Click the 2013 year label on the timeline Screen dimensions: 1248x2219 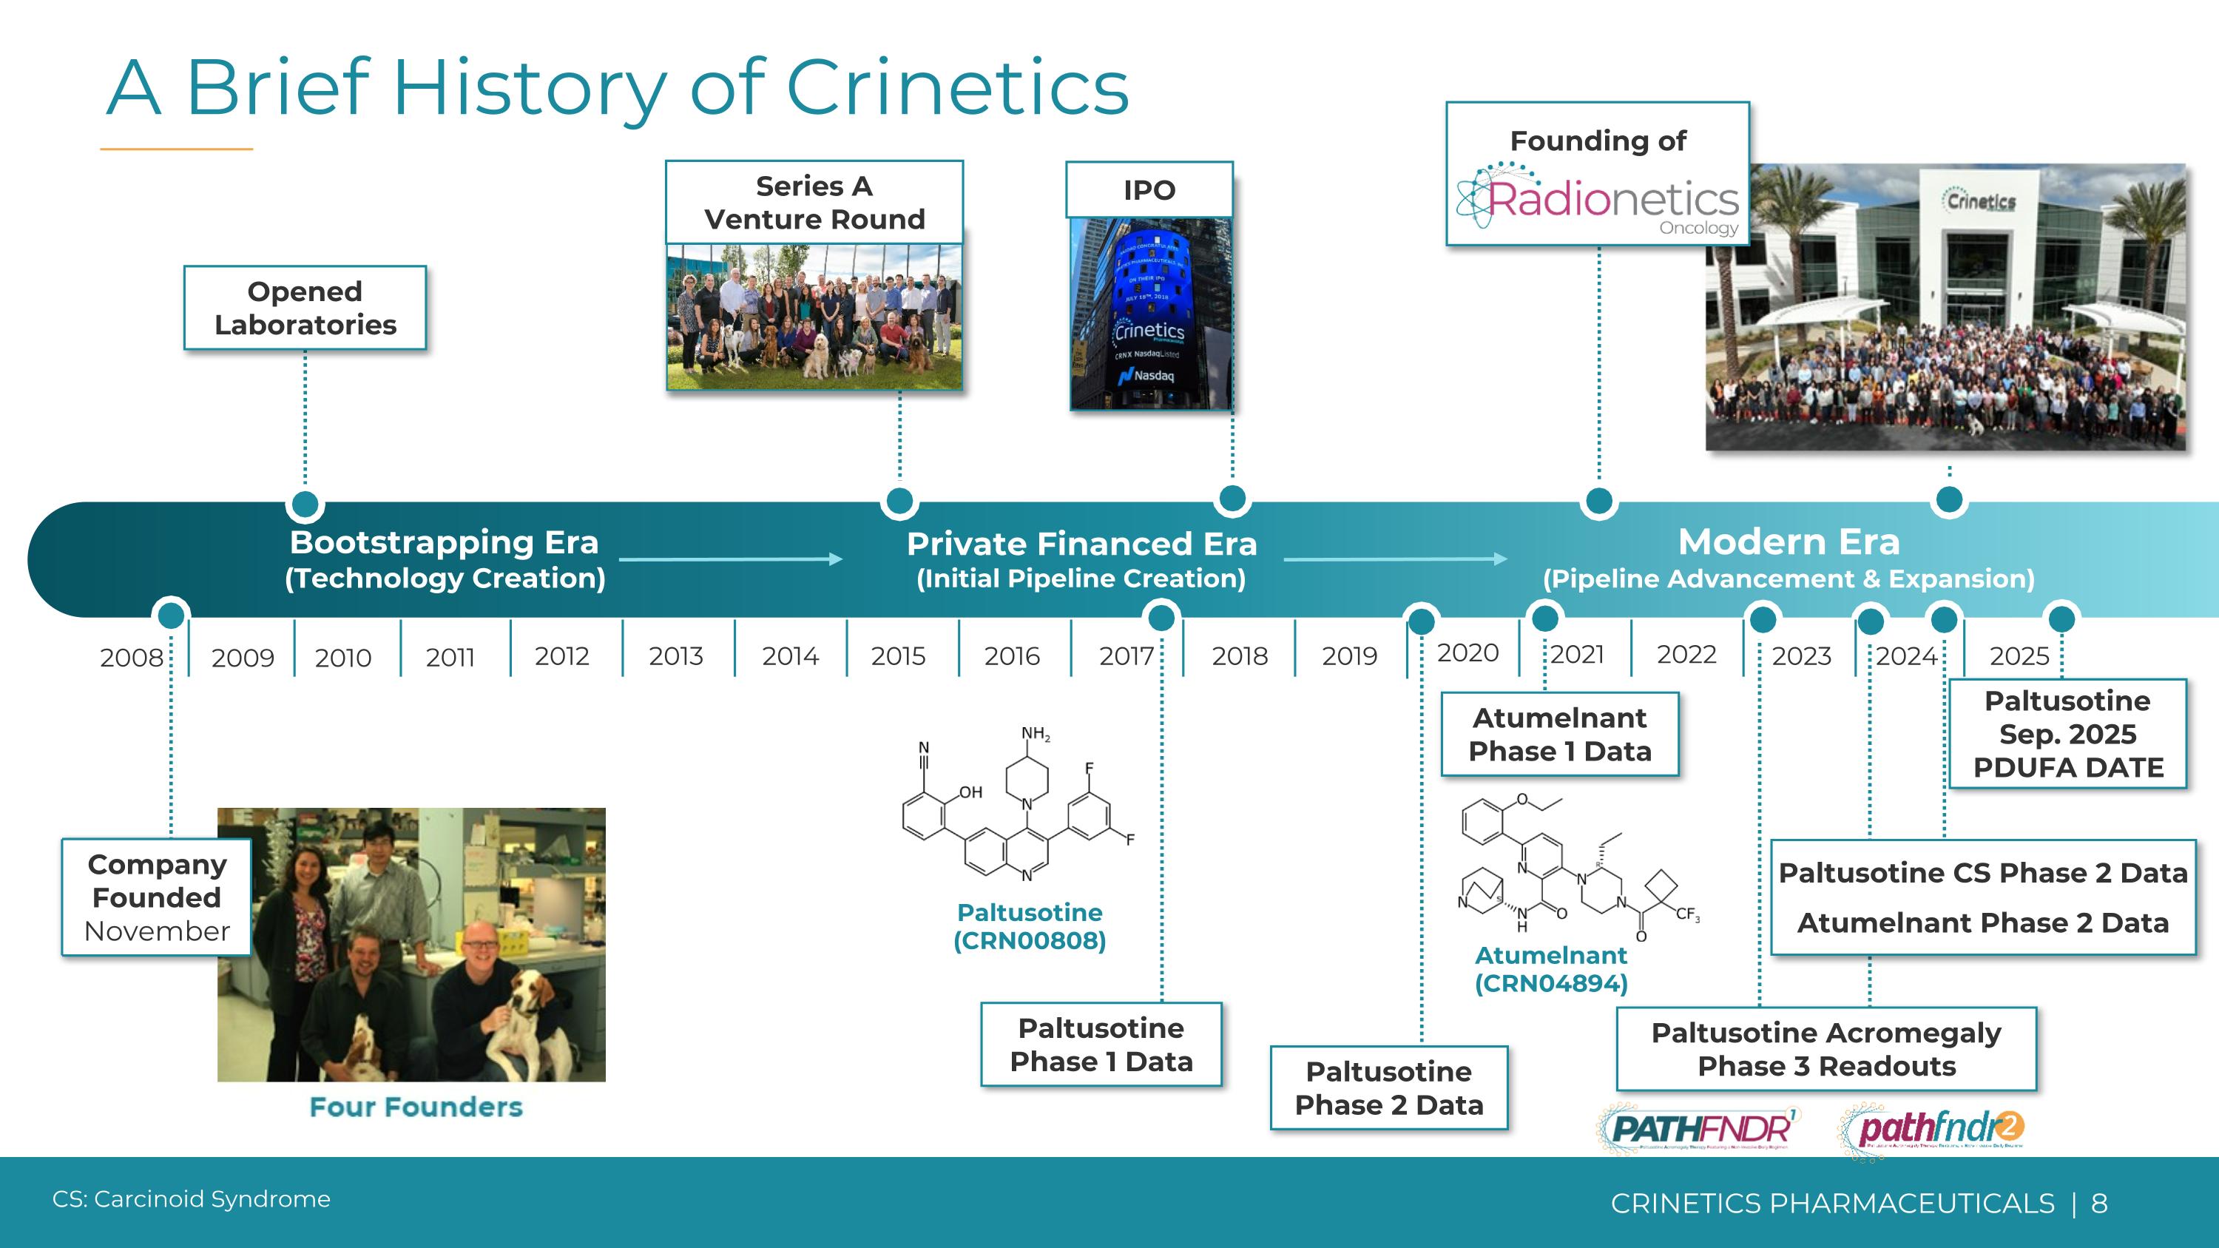[675, 656]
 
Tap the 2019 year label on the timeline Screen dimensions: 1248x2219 [1349, 656]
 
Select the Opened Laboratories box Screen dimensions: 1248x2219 [305, 308]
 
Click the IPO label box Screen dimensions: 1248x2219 [1149, 189]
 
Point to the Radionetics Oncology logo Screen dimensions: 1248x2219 [1598, 200]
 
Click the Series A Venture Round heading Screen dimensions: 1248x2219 [814, 203]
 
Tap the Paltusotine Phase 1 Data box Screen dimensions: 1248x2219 [1101, 1044]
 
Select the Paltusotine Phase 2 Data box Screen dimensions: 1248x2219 [1388, 1087]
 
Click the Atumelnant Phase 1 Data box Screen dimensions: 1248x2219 [1559, 734]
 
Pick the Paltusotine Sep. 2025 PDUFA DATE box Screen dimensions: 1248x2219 [2067, 734]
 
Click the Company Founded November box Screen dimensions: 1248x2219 [157, 897]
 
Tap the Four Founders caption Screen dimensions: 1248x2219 [415, 1107]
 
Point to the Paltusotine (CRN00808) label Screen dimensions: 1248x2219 [1030, 926]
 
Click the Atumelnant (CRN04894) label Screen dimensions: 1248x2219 [1550, 969]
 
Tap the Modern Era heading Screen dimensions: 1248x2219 [1789, 542]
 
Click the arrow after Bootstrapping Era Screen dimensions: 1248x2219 [731, 559]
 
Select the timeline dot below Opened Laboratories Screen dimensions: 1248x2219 [305, 504]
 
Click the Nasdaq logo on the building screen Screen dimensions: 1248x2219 [1146, 376]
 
